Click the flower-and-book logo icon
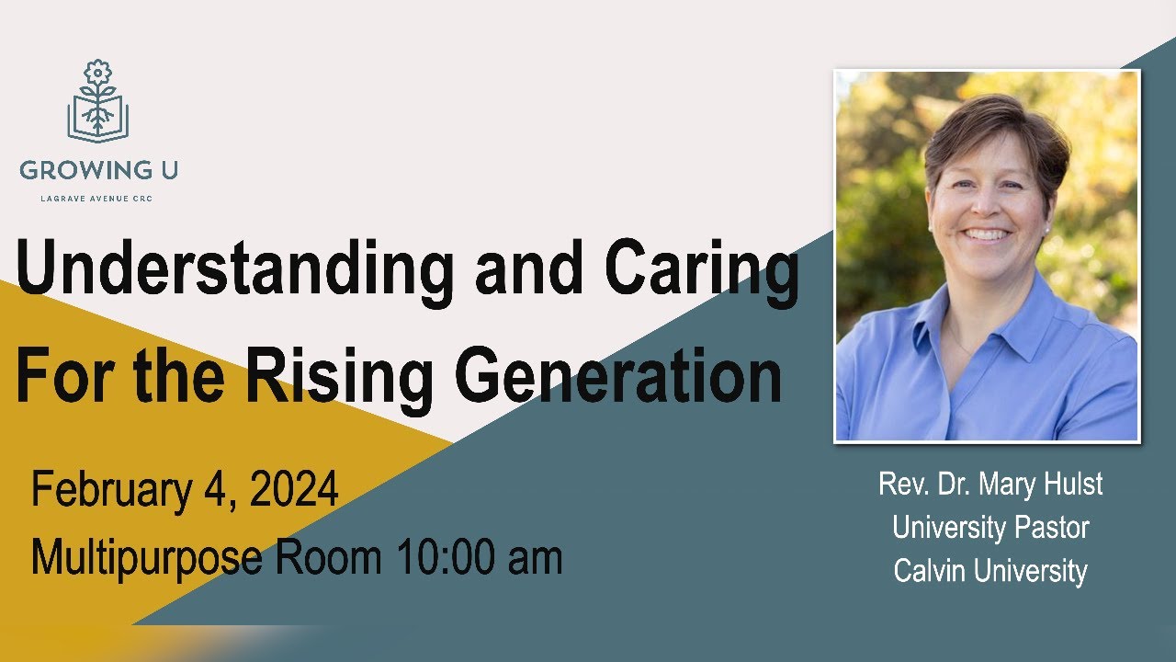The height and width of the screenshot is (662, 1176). [97, 101]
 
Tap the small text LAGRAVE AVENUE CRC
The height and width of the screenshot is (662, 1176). [98, 198]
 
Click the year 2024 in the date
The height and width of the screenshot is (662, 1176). [294, 490]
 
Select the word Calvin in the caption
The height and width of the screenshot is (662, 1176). [931, 571]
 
